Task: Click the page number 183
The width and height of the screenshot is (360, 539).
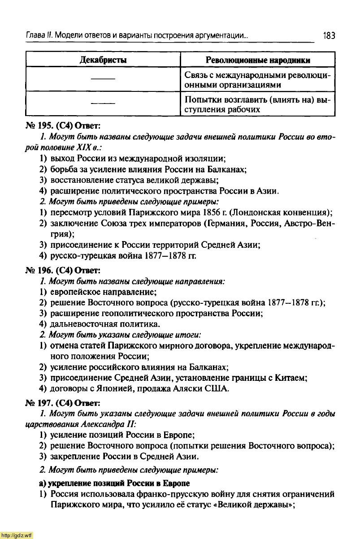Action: coord(329,35)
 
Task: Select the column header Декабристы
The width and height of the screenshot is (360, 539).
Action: coord(103,60)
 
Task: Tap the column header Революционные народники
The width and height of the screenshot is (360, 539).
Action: coord(258,60)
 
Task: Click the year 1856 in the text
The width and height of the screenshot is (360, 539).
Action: coord(214,212)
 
